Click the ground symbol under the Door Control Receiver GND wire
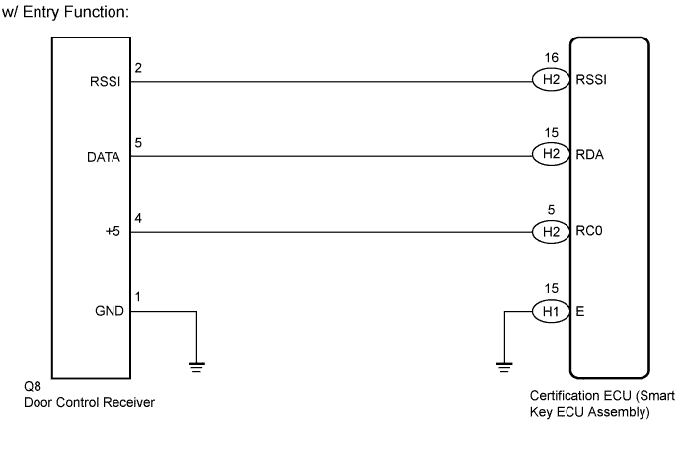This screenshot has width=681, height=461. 196,367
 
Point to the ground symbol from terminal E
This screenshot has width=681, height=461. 504,367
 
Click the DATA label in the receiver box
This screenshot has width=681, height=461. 104,157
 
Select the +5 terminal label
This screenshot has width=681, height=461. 113,231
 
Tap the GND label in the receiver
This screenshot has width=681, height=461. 110,311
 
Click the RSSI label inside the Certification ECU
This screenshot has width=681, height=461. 591,80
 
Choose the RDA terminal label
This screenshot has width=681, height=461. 590,155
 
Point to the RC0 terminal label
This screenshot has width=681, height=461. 589,231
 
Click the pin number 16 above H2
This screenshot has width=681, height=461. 551,58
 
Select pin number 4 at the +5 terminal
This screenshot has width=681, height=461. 138,218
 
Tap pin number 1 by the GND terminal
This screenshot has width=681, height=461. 137,297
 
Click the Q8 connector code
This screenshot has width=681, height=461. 33,386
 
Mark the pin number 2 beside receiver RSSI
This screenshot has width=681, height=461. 138,68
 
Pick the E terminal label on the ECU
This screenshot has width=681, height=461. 579,311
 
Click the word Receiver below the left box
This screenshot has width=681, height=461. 131,402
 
